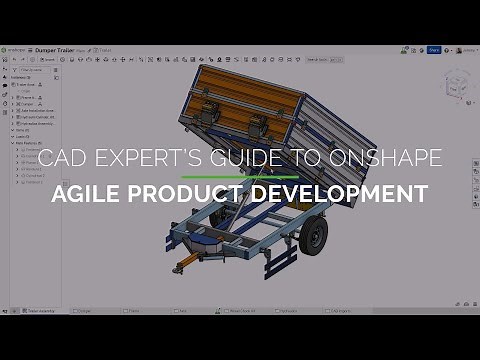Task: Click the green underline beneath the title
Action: [240, 175]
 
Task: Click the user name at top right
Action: [466, 49]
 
